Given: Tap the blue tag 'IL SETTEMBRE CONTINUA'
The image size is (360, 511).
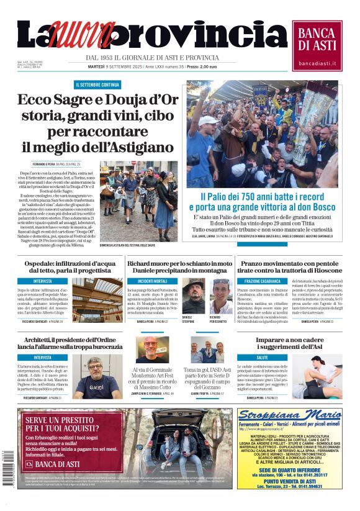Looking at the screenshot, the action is click(x=97, y=84).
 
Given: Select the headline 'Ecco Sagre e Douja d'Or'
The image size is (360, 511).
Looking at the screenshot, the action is click(x=97, y=101).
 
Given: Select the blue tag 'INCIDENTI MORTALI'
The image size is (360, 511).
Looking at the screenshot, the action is click(x=153, y=281).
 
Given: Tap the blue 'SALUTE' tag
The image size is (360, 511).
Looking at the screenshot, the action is click(x=263, y=358).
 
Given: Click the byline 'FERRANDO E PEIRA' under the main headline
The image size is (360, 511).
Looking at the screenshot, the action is click(x=47, y=163).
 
